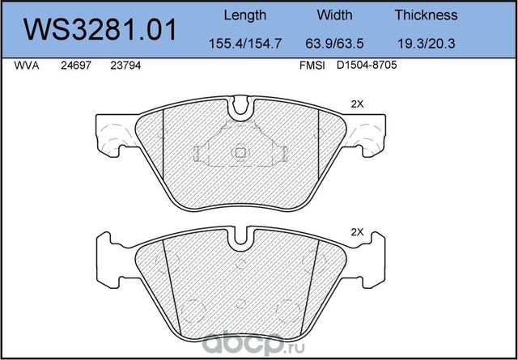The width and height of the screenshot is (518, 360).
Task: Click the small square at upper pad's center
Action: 240,150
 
